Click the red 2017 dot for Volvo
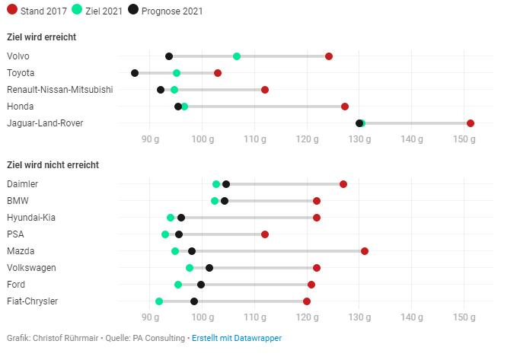coord(329,56)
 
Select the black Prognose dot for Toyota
coord(135,73)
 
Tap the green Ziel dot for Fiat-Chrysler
coord(159,301)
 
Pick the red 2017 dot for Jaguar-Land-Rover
coord(471,123)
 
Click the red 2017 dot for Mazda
coord(365,251)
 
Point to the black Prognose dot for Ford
coord(201,285)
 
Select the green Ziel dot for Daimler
coord(216,184)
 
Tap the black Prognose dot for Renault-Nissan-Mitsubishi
coord(161,90)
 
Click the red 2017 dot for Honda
coord(345,107)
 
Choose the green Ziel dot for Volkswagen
coord(190,268)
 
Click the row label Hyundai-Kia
coord(30,218)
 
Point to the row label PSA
coord(15,234)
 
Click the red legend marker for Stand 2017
coord(11,10)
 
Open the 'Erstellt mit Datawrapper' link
coord(236,338)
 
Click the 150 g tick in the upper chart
coord(464,139)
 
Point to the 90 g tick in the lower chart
coord(150,317)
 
